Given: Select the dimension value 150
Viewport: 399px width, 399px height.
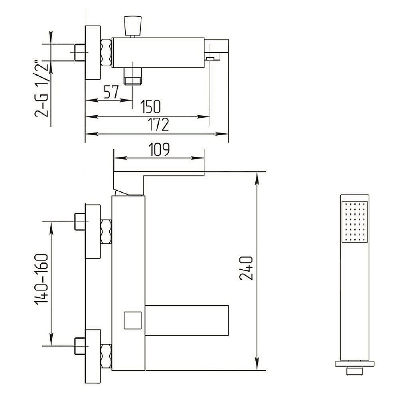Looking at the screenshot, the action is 150,107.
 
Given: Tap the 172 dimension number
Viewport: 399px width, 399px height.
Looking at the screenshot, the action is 158,124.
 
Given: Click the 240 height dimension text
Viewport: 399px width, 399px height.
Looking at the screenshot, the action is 247,268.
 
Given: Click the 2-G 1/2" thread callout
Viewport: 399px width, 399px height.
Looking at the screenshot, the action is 41,89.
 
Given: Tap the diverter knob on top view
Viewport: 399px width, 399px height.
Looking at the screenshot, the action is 132,26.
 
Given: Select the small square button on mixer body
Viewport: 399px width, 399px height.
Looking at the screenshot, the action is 132,320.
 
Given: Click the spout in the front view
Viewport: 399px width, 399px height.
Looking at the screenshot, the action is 186,320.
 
